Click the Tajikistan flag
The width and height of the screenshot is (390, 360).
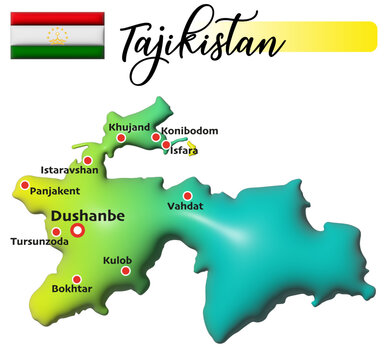[x=57, y=34]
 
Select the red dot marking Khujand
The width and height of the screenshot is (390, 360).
[x=121, y=138]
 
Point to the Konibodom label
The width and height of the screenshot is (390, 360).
[x=189, y=130]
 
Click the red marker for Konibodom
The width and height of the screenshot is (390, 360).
[x=156, y=137]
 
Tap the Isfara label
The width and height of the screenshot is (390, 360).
[x=185, y=150]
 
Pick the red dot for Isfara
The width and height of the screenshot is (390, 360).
[x=165, y=146]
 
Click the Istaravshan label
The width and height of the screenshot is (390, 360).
[x=69, y=170]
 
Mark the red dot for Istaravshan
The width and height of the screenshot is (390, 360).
[x=88, y=160]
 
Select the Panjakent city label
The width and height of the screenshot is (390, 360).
[x=55, y=190]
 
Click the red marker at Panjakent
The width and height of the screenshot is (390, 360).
[x=25, y=184]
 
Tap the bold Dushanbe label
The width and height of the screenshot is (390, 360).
[x=87, y=215]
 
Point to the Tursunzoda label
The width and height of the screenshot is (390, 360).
[x=39, y=241]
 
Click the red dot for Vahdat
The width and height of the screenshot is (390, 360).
[x=187, y=195]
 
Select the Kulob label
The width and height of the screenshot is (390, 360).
[x=117, y=259]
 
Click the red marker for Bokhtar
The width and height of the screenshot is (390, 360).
[x=77, y=279]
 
